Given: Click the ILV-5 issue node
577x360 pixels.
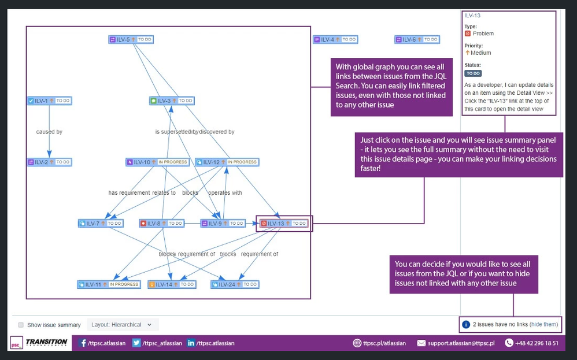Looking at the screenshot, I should tap(131, 40).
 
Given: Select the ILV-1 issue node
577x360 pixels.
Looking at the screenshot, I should tap(50, 101).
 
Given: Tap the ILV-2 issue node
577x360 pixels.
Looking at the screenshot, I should tap(50, 162).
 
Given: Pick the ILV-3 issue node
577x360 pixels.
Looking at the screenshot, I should tap(171, 101).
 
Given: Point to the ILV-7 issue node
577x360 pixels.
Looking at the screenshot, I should tap(100, 223).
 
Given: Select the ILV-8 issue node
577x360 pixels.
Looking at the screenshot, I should tap(161, 223).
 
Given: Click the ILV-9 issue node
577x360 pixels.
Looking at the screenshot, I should tap(223, 223).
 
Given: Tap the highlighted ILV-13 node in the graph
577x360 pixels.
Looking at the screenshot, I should tap(283, 223).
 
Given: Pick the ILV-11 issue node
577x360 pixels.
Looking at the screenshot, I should tap(109, 284).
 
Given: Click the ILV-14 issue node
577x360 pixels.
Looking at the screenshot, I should tap(172, 284).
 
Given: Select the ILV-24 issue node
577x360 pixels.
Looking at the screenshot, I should tap(235, 284).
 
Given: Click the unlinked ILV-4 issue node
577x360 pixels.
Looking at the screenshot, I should tap(335, 40).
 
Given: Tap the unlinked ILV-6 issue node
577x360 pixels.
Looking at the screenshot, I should tap(417, 40).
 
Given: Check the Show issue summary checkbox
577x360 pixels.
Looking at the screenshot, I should tap(21, 325).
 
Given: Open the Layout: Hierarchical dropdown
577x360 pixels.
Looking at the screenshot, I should tap(122, 325).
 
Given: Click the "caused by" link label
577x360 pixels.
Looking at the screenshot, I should tap(49, 132).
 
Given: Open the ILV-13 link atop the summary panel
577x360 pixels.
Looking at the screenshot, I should tap(472, 16).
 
